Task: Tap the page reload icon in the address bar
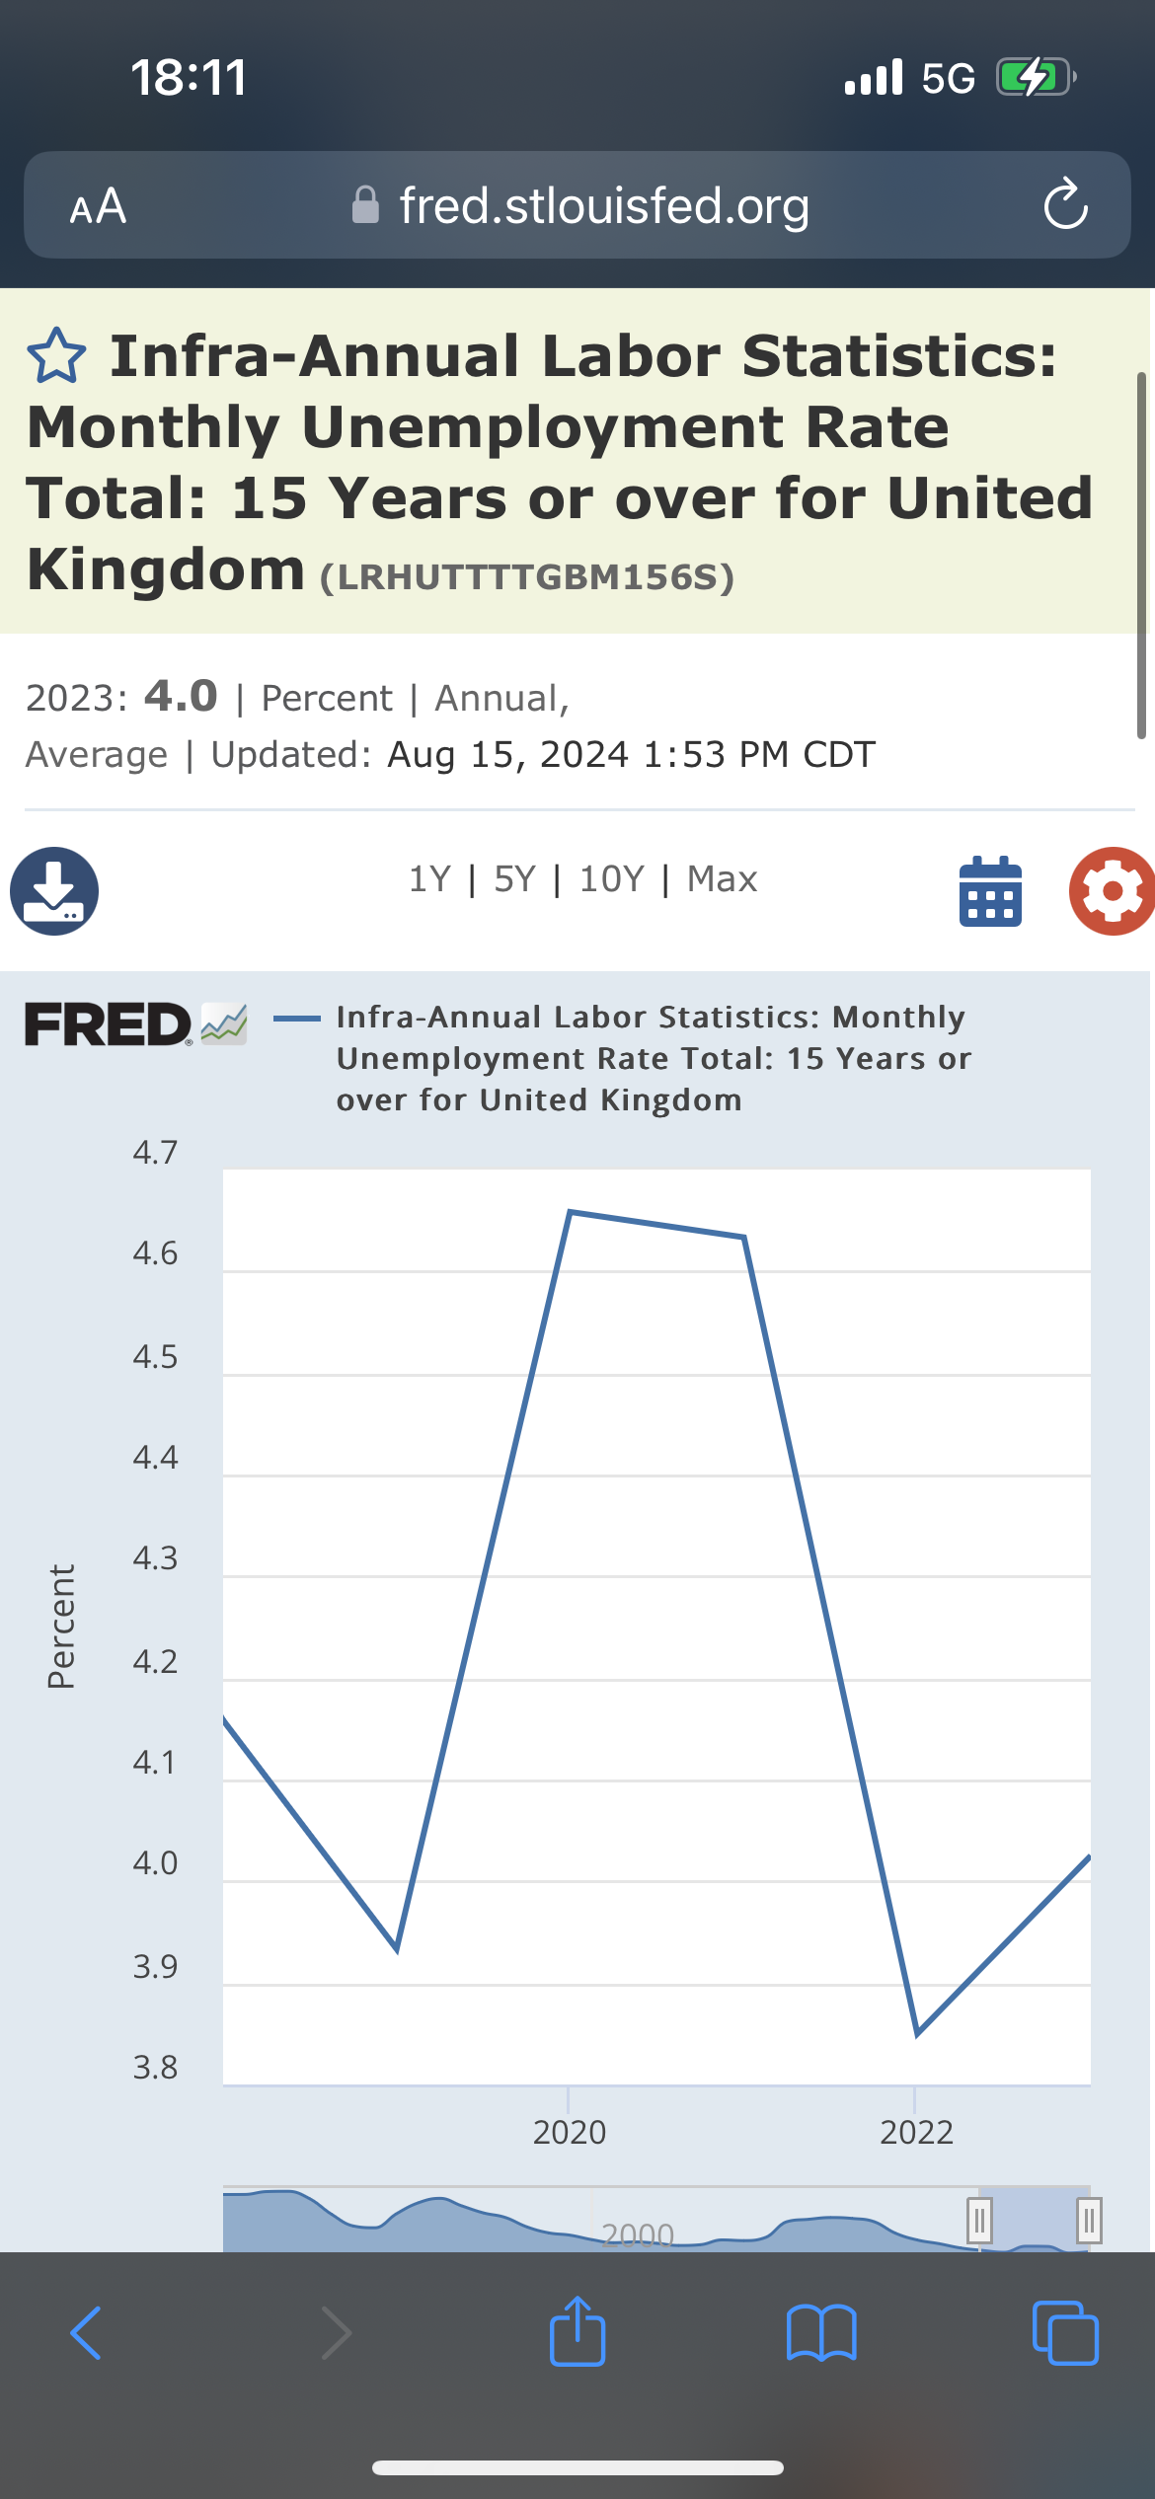(1065, 205)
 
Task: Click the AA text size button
(98, 206)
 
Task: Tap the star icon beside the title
(56, 355)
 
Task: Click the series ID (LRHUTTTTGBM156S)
(527, 577)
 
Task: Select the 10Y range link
(611, 878)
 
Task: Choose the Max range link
(722, 878)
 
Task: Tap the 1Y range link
(429, 878)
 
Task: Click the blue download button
(54, 890)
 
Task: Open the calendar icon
(990, 890)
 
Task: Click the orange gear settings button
(1112, 890)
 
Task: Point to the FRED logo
(109, 1024)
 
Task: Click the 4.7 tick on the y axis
(155, 1153)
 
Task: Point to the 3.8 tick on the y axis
(155, 2067)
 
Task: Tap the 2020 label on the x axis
(570, 2132)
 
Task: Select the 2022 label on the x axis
(916, 2132)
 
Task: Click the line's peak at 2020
(571, 1212)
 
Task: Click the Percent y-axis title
(61, 1626)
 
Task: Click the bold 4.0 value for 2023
(181, 697)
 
